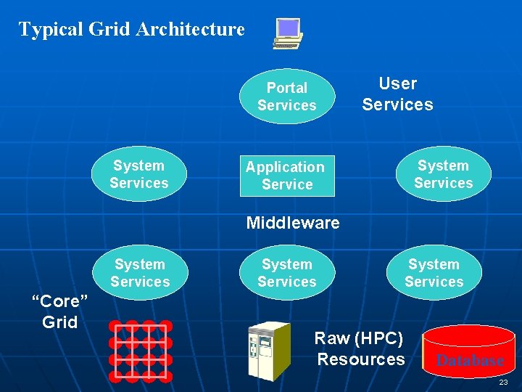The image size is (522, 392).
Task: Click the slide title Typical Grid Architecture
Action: (131, 29)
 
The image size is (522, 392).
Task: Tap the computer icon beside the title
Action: (288, 33)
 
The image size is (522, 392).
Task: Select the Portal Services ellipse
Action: (287, 97)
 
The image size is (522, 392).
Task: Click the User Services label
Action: (397, 94)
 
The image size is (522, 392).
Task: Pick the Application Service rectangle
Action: (287, 176)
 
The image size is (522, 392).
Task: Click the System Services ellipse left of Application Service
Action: (139, 175)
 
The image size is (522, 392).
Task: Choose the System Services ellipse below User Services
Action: (443, 175)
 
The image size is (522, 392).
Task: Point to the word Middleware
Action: (292, 223)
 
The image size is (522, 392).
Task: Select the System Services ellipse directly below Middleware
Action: (287, 273)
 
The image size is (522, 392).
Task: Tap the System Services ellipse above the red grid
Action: (140, 273)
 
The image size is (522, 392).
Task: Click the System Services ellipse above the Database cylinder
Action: (434, 273)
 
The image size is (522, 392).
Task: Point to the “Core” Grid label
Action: (60, 311)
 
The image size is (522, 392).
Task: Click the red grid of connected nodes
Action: (140, 351)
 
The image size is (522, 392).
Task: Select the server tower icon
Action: (268, 351)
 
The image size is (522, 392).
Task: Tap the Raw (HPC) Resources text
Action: (360, 348)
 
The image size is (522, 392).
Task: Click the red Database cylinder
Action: (468, 353)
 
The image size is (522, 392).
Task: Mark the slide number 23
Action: (503, 382)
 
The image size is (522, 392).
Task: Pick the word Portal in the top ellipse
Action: (287, 88)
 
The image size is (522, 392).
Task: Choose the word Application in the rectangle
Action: (285, 167)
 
